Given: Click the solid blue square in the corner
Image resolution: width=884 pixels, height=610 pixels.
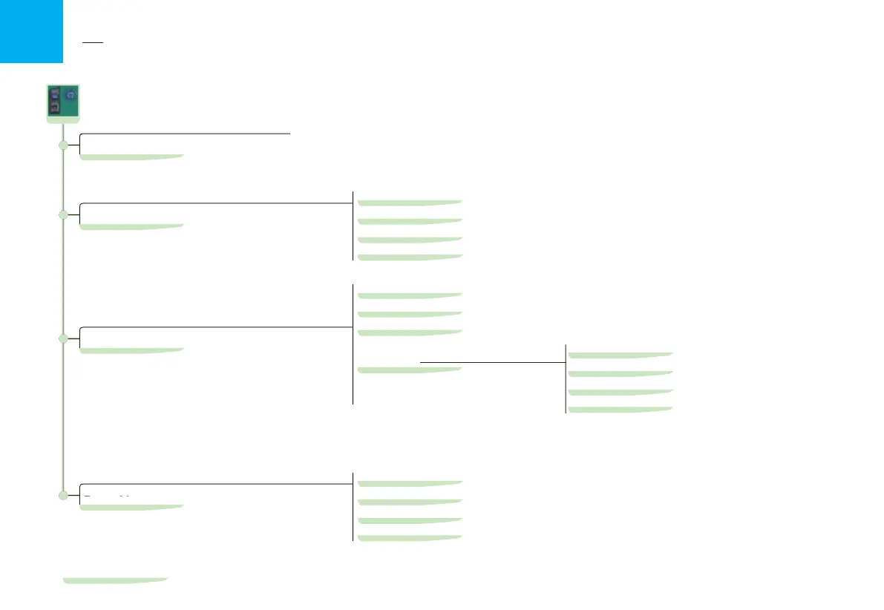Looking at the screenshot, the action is pos(31,31).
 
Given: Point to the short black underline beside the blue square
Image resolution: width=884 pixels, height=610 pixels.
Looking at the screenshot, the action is pos(92,43).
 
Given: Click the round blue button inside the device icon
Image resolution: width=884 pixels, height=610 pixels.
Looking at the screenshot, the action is pos(71,95).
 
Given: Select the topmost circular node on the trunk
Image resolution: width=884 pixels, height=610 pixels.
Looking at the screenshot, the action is pos(63,145).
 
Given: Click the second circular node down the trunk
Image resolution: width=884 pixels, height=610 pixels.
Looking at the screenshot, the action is pos(63,214).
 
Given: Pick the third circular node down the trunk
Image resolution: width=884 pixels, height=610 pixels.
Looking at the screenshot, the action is pos(63,338).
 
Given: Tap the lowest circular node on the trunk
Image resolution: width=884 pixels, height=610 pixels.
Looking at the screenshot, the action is pos(63,495).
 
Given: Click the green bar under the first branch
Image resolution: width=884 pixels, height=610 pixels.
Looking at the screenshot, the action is pos(131,157).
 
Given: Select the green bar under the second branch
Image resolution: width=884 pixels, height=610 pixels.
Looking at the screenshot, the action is pos(131,226).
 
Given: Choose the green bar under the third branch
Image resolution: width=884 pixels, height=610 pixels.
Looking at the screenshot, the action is pos(131,350).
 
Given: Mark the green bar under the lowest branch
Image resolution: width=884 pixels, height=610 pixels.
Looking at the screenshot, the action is pos(131,507).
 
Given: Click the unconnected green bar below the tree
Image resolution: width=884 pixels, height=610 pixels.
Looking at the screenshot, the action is pos(115,580).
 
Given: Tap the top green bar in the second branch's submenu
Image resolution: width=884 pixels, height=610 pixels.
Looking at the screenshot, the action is pos(410,202).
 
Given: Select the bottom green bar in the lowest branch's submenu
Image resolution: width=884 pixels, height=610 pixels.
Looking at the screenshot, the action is pos(410,538).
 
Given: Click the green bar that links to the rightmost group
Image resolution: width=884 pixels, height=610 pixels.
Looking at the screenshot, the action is pos(410,369).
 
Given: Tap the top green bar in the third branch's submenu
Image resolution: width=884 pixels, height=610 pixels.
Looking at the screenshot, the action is pos(410,295).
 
